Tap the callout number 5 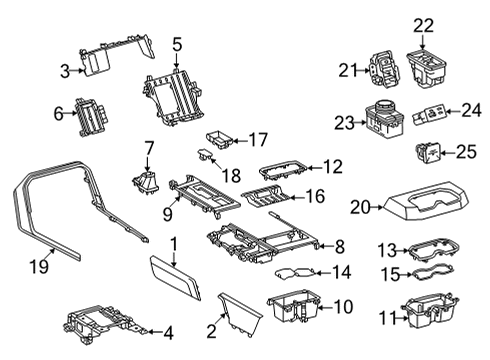[176, 43]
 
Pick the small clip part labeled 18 [205, 155]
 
